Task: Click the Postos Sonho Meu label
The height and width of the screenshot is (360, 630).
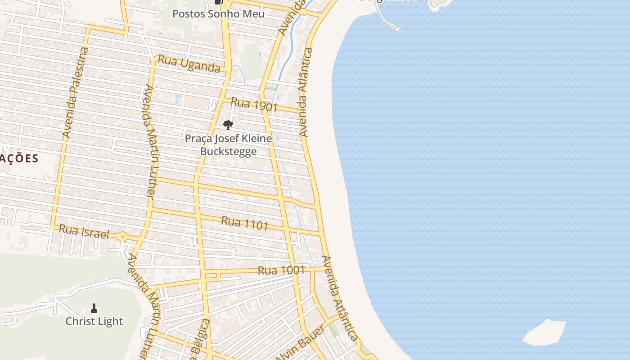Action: click(x=218, y=14)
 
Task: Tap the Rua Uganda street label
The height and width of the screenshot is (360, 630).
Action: click(x=189, y=64)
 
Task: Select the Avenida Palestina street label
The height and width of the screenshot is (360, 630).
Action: click(x=75, y=92)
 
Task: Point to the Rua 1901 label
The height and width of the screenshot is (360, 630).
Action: click(x=254, y=105)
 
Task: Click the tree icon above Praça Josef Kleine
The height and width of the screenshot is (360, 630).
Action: click(x=228, y=125)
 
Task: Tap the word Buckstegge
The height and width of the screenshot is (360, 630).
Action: click(x=228, y=151)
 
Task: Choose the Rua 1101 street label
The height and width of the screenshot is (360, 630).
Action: click(x=244, y=223)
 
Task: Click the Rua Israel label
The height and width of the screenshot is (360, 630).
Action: click(x=84, y=232)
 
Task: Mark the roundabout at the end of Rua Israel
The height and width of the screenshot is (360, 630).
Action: click(x=122, y=236)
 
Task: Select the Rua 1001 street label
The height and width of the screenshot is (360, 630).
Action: click(x=281, y=271)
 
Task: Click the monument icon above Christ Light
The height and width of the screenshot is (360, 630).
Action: click(x=94, y=308)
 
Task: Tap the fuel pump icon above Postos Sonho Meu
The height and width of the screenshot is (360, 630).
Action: click(x=219, y=2)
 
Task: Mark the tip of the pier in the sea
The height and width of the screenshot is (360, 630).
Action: click(x=397, y=29)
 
